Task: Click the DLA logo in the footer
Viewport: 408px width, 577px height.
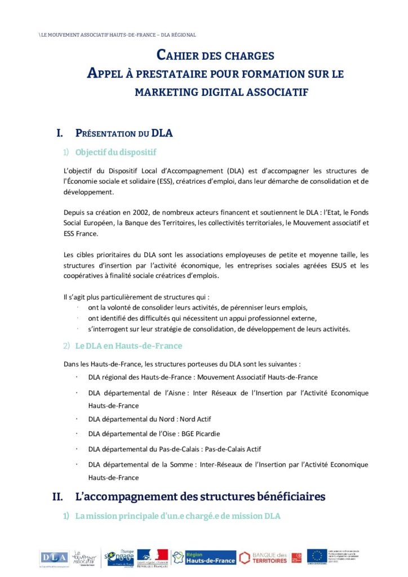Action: tap(54, 557)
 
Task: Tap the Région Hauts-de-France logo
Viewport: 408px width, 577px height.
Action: tap(204, 557)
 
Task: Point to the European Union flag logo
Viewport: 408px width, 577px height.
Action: tap(316, 556)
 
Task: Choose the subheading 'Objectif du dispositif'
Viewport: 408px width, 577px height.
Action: tap(116, 152)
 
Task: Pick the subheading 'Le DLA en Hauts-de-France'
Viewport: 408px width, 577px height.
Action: tap(129, 345)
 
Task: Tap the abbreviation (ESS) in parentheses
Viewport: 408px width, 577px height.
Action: tap(166, 181)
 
